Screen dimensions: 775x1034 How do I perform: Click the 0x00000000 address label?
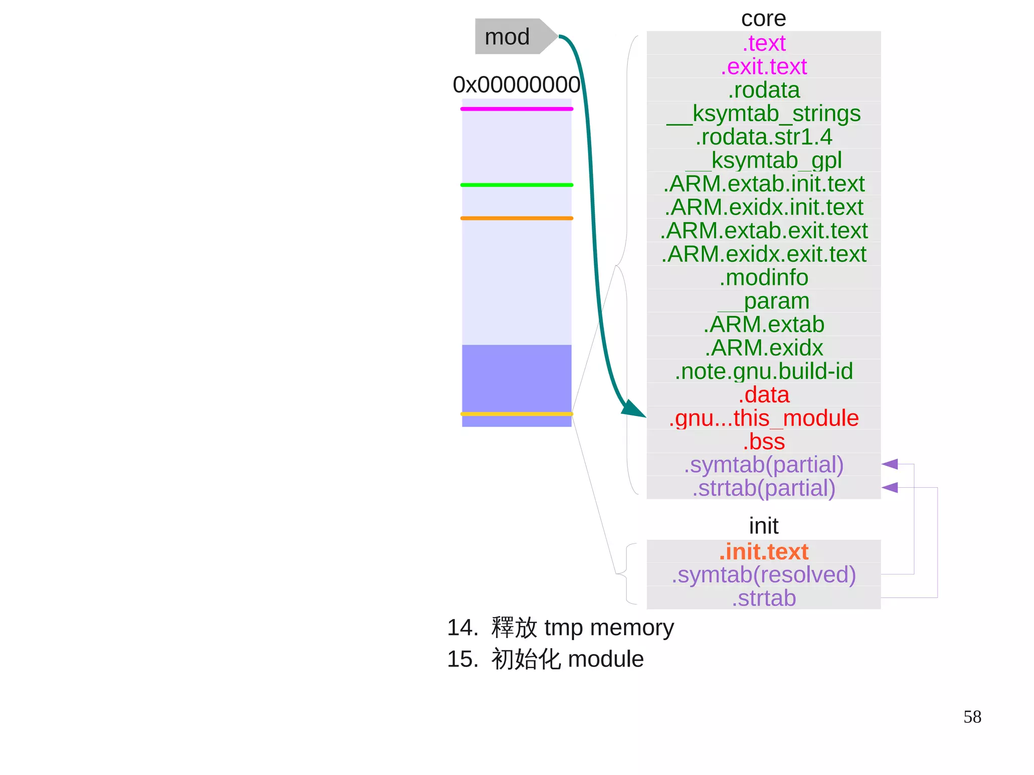click(516, 84)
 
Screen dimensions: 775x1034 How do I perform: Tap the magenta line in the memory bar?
click(516, 109)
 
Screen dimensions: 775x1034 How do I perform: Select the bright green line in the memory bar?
click(516, 185)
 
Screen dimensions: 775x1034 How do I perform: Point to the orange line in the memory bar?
click(516, 218)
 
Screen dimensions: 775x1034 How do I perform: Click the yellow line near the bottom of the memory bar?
click(516, 414)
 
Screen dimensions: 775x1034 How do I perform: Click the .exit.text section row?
click(763, 67)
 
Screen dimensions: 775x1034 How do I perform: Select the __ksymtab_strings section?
click(763, 114)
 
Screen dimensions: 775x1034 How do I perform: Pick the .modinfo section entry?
click(763, 278)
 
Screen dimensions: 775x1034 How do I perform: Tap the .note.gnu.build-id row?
click(763, 371)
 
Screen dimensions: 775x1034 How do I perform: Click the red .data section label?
click(763, 395)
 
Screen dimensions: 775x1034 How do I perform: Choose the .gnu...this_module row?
click(763, 418)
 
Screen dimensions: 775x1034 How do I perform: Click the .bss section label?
click(763, 441)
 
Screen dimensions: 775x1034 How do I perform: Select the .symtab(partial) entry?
click(763, 465)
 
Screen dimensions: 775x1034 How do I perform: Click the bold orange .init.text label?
click(763, 551)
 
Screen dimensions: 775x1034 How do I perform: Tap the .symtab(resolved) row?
click(763, 575)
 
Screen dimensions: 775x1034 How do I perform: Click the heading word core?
click(763, 19)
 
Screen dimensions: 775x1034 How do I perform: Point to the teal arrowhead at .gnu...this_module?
click(633, 409)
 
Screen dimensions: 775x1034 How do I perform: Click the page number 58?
click(972, 717)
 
